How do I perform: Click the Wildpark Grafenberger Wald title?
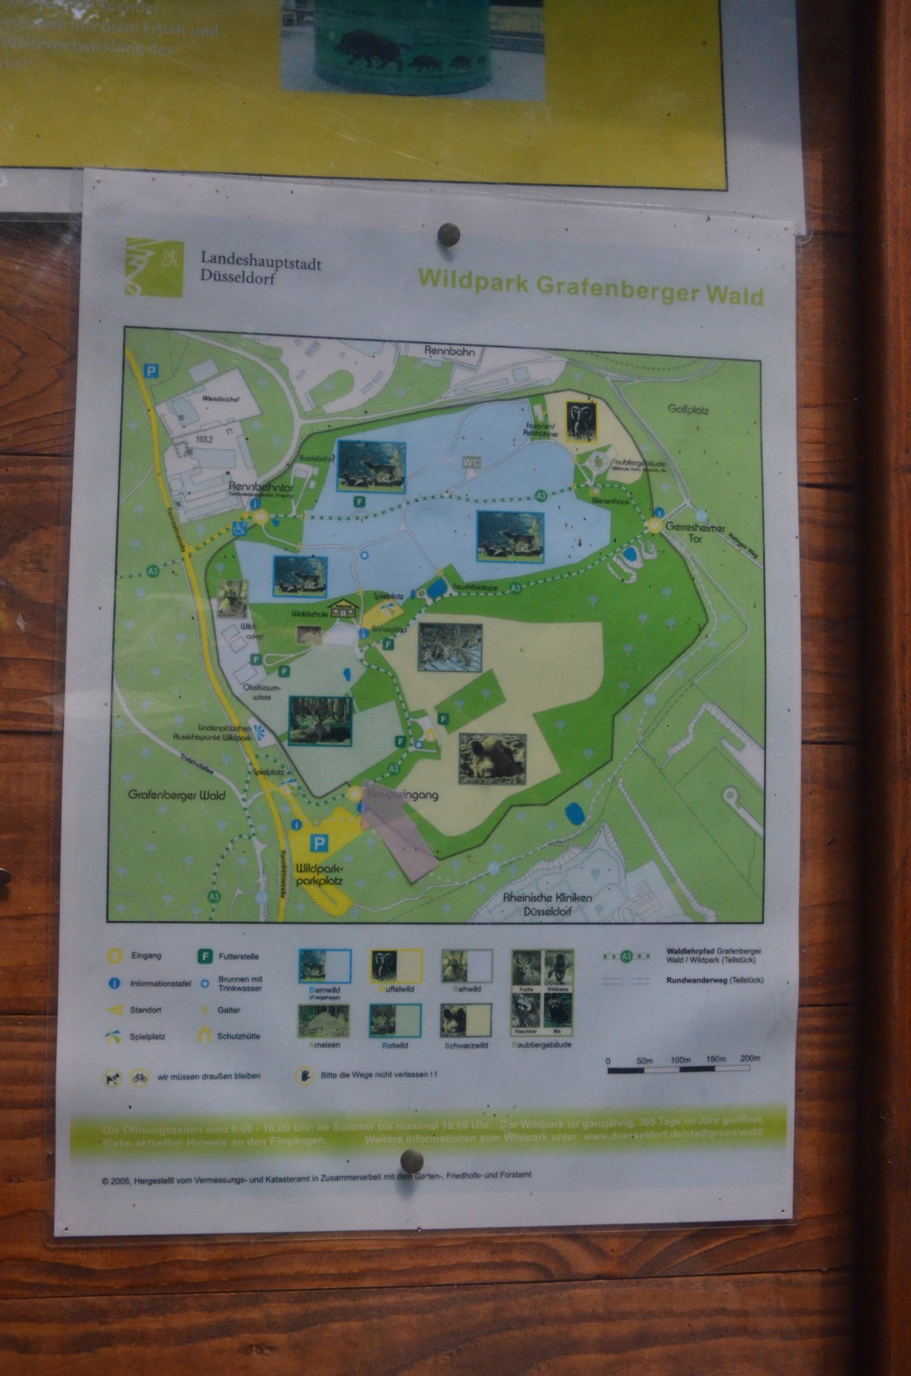[590, 287]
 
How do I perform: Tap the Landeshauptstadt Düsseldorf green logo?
[154, 268]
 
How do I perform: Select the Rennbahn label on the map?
[449, 351]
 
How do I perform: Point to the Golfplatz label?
[688, 409]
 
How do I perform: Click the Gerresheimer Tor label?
[694, 533]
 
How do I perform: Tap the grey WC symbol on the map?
[471, 462]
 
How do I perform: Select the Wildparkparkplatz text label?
[319, 875]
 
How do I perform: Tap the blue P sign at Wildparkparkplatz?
[319, 845]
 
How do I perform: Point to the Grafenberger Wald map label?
[176, 795]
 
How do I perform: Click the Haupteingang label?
[401, 795]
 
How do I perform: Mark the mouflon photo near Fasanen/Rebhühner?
[581, 421]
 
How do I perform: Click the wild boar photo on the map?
[493, 759]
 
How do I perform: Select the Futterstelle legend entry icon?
[204, 956]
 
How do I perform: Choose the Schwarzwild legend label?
[466, 1045]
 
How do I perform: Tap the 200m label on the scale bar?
[750, 1058]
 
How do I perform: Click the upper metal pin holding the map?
[450, 234]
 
